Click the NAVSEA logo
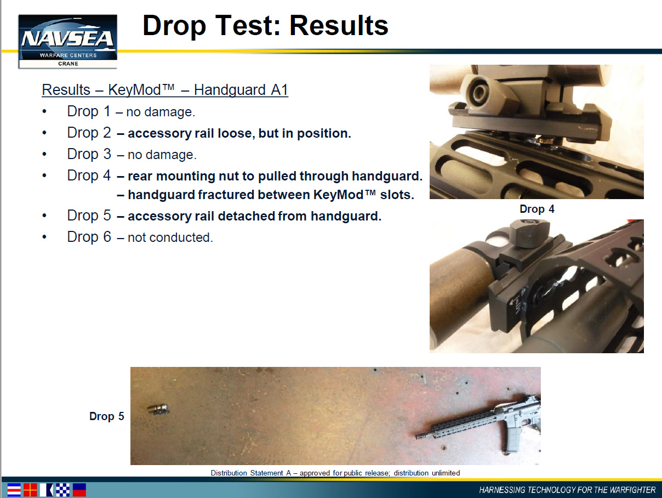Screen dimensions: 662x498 point(68,41)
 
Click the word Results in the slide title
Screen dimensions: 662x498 point(339,25)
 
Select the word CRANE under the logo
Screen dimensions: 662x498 point(68,64)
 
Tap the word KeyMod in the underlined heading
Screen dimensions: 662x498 point(134,90)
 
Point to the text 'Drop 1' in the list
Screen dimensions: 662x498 point(89,111)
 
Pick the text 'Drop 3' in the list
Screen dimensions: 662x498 point(89,154)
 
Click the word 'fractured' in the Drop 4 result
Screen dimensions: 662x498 point(226,195)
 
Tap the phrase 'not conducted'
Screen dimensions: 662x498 point(170,237)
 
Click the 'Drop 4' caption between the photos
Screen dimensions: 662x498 point(537,209)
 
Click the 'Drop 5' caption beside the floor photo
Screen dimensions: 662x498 point(107,416)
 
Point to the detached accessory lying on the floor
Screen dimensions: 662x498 point(158,410)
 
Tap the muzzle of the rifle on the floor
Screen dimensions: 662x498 point(419,437)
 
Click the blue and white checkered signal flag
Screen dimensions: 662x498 point(62,490)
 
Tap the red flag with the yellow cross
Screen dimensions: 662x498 point(30,490)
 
